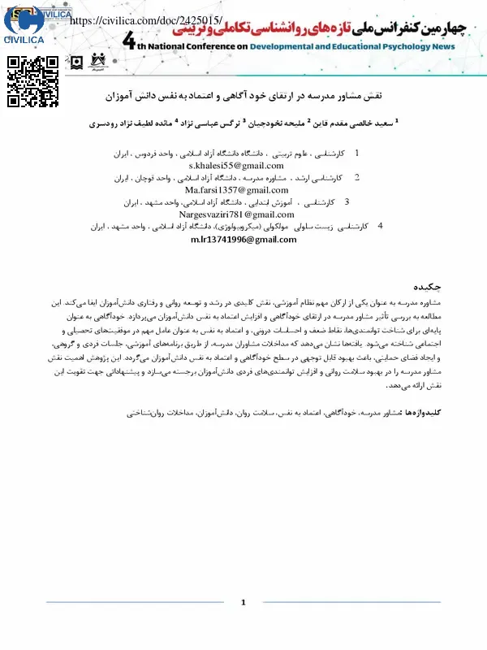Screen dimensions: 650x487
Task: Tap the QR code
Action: pos(33,81)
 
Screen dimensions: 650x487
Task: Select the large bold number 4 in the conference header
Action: pos(133,44)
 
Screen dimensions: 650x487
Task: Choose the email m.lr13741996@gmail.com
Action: pos(233,240)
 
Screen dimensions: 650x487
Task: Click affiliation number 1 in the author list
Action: pos(357,153)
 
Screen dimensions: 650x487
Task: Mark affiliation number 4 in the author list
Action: pos(381,227)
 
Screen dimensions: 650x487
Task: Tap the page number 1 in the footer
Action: pos(243,603)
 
